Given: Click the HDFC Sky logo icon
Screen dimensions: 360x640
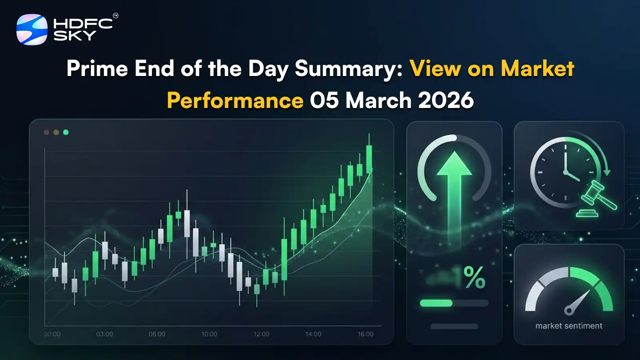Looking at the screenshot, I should click(32, 30).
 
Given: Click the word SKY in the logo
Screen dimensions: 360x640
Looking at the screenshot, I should click(75, 36).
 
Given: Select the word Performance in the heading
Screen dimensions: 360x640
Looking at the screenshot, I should click(235, 100).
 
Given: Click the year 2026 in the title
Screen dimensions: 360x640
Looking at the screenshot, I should click(446, 100).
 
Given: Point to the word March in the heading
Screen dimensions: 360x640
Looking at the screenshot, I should click(378, 100).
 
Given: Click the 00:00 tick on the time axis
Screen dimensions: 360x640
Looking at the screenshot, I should click(52, 334).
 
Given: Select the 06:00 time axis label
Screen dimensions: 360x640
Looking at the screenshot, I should click(157, 334).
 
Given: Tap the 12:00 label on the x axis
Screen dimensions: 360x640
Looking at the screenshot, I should click(261, 334).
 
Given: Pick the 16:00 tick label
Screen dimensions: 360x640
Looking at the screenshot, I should click(366, 334).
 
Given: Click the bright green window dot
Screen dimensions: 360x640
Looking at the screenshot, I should click(66, 132).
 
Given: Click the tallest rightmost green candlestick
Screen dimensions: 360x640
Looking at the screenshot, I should click(369, 159).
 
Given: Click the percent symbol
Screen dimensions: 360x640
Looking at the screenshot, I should click(474, 277).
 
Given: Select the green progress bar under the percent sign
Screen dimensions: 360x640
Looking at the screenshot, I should click(436, 303).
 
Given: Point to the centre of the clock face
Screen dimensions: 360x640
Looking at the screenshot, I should click(566, 172).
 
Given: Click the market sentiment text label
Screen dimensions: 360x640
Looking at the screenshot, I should click(569, 326).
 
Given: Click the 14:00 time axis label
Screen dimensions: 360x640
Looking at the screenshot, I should click(313, 334).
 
